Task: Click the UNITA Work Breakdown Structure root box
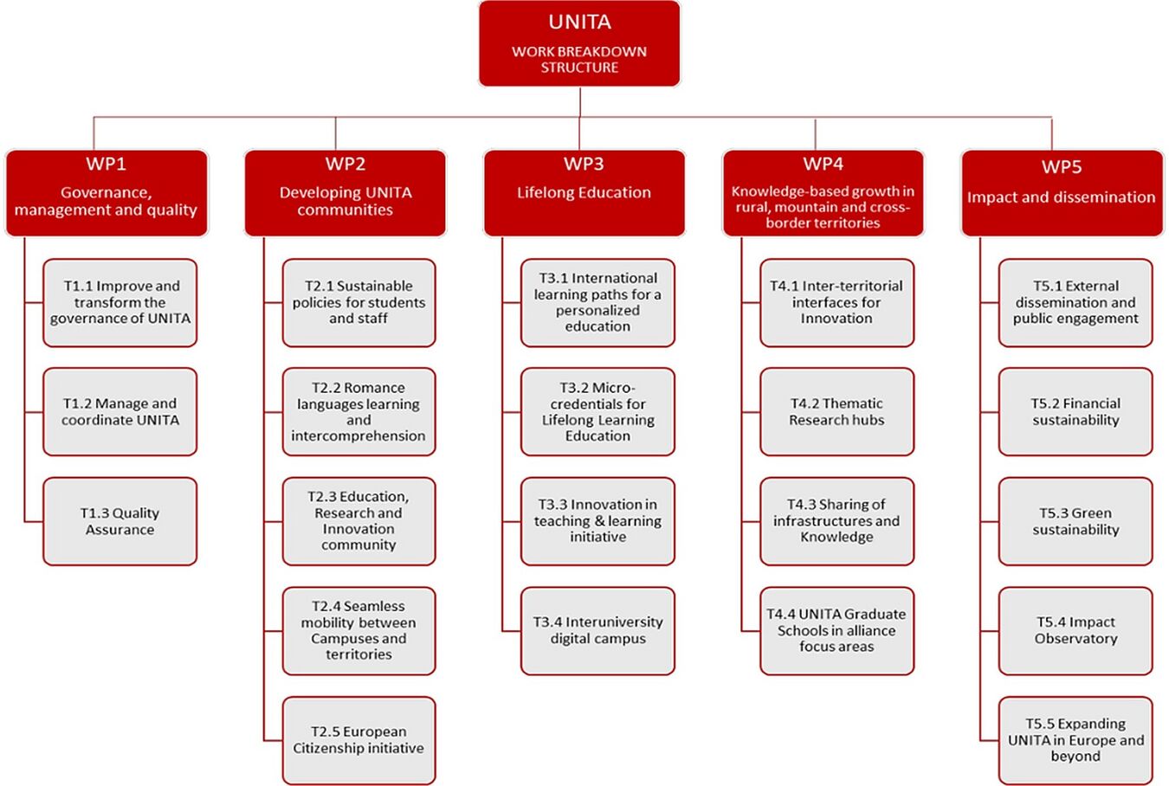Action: [x=579, y=44]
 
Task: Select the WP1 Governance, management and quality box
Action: [x=107, y=193]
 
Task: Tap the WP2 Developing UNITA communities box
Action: [x=345, y=193]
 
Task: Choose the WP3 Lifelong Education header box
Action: [x=584, y=193]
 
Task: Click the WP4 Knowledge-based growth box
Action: [x=823, y=193]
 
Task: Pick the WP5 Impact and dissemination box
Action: [x=1062, y=193]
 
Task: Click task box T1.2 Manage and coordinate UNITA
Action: [x=120, y=412]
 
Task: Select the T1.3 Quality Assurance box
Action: [x=120, y=521]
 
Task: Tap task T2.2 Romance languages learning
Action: [x=358, y=412]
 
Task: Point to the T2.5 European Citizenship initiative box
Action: [x=358, y=740]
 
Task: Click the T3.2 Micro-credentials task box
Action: [x=597, y=412]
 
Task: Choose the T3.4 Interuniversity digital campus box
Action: [x=597, y=631]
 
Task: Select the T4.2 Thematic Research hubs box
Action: [x=836, y=412]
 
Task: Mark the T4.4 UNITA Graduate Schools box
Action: [x=836, y=631]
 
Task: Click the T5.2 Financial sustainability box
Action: [x=1075, y=412]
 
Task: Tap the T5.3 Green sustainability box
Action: [x=1075, y=521]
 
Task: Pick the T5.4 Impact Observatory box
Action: [x=1075, y=631]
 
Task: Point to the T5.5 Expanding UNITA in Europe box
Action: [x=1075, y=740]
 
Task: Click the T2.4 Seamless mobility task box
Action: [x=358, y=631]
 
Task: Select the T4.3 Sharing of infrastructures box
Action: [x=836, y=521]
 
